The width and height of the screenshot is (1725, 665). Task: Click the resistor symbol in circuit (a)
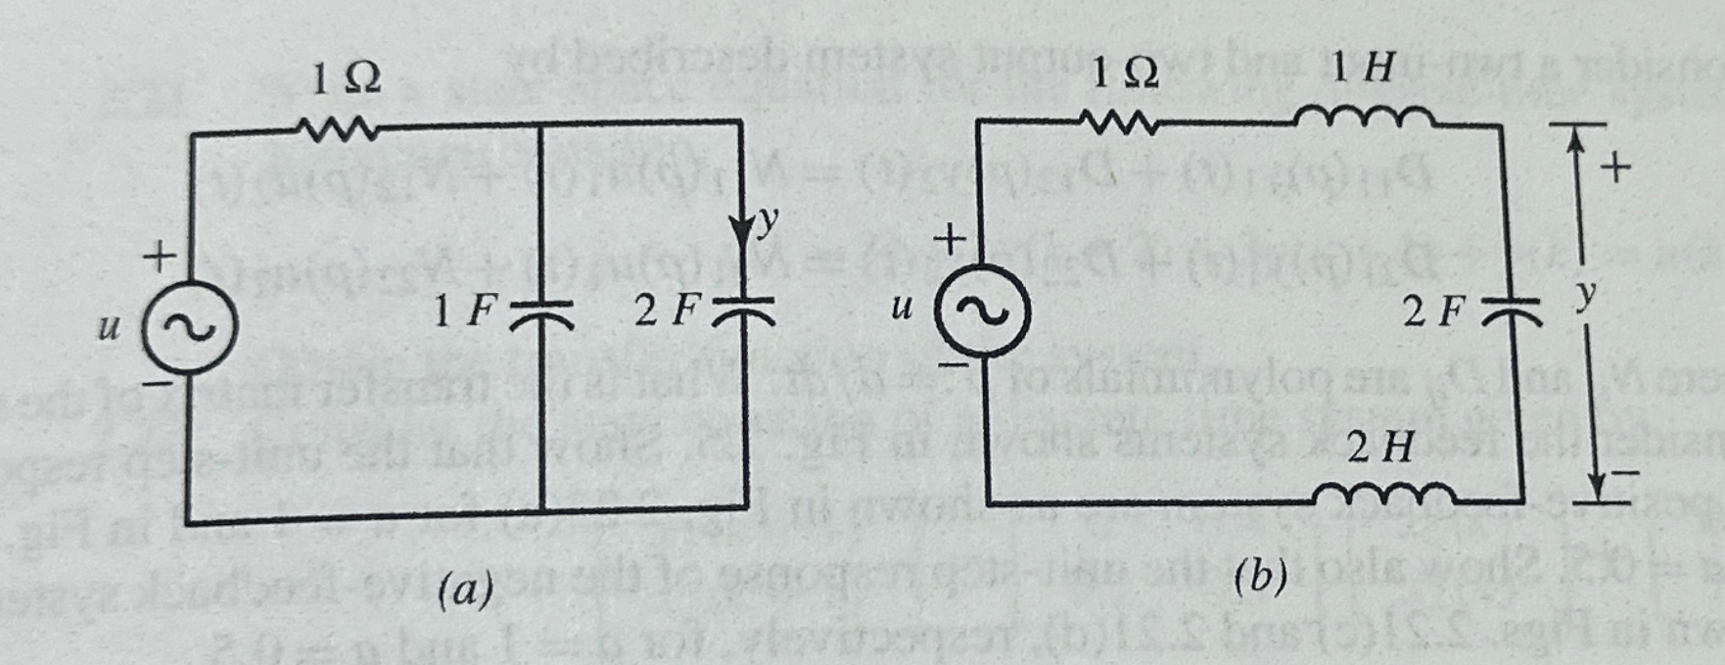[334, 128]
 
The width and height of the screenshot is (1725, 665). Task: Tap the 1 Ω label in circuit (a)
[346, 78]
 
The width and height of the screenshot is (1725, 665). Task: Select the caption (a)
[464, 591]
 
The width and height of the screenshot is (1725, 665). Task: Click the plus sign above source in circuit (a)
[158, 258]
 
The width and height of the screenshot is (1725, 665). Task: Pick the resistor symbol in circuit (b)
[1120, 122]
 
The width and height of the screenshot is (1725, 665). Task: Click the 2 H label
[1379, 449]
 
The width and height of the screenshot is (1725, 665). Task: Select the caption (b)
[1260, 577]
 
